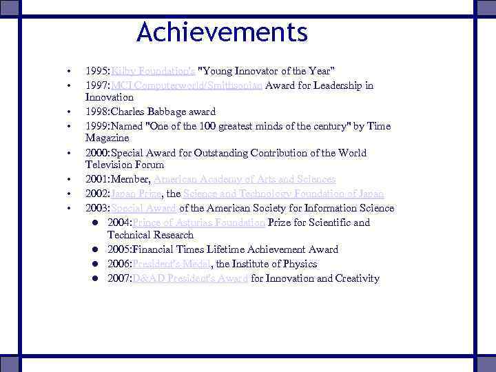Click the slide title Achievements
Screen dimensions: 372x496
pyautogui.click(x=222, y=32)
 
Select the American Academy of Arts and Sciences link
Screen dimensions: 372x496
pyautogui.click(x=245, y=179)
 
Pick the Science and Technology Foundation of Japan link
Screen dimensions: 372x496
pyautogui.click(x=283, y=194)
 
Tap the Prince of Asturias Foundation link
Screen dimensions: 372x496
pyautogui.click(x=199, y=223)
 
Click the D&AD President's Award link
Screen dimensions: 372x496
pyautogui.click(x=189, y=278)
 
